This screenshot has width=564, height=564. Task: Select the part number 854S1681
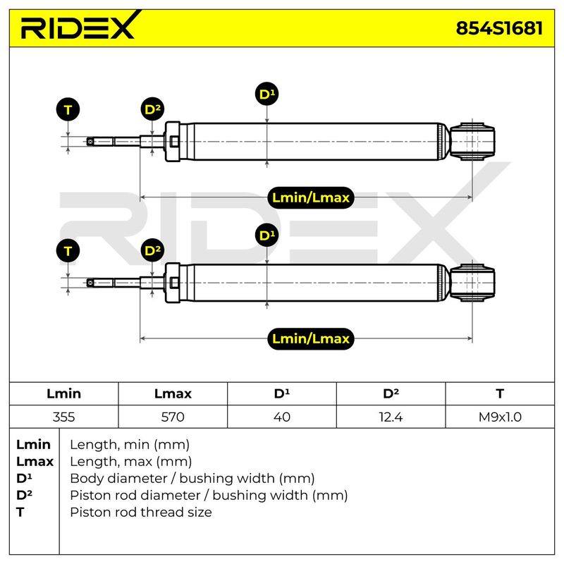click(x=499, y=28)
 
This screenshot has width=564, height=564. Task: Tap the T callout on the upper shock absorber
click(x=68, y=110)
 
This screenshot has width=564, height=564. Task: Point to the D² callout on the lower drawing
click(x=152, y=250)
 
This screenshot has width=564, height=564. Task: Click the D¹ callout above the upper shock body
click(x=266, y=94)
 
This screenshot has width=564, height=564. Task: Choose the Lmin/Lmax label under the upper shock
click(x=311, y=197)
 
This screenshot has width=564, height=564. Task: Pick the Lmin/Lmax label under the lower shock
click(x=311, y=338)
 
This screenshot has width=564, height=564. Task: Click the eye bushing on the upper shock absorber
click(x=472, y=142)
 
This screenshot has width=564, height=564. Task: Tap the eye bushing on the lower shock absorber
click(x=472, y=283)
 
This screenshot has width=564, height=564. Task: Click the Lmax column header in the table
click(x=173, y=393)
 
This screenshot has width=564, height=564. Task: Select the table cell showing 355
click(x=63, y=417)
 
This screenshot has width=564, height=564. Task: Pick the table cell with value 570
click(x=173, y=417)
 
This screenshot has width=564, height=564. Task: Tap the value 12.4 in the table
click(x=391, y=417)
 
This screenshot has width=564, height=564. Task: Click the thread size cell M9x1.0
click(x=500, y=417)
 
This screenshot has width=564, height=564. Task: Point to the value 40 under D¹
click(x=281, y=417)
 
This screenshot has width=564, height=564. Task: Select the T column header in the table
click(x=500, y=393)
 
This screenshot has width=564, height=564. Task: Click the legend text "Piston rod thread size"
click(x=141, y=512)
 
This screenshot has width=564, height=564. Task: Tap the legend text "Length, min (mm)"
click(x=130, y=445)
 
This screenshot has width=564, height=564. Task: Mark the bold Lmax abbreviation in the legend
click(x=35, y=462)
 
